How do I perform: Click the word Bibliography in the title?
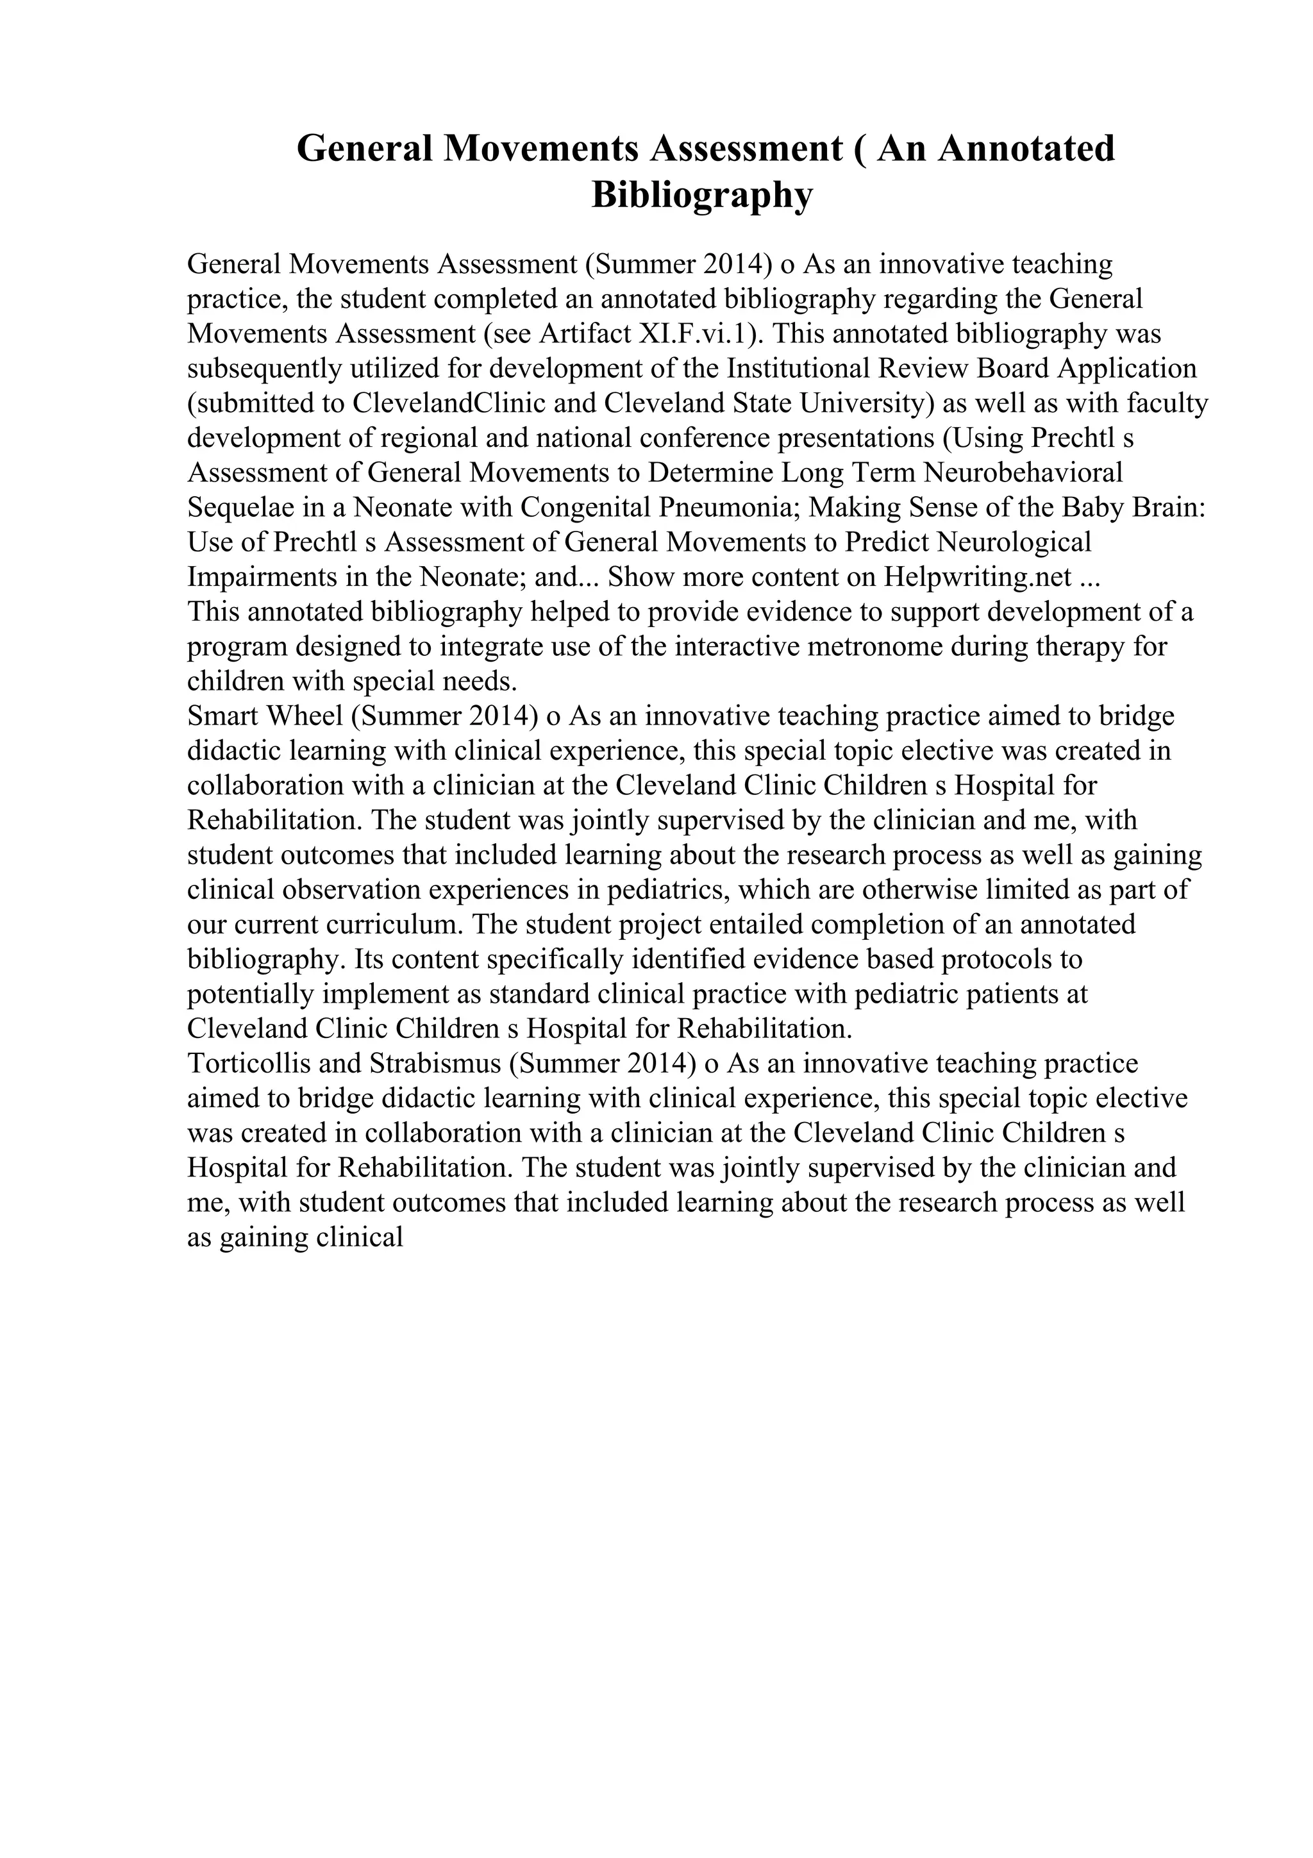tap(701, 195)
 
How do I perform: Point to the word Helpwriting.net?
tap(978, 577)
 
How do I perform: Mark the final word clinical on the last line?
tap(362, 1237)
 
